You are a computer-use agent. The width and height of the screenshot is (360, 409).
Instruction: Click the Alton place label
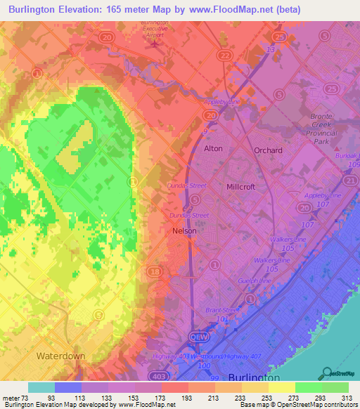click(x=213, y=149)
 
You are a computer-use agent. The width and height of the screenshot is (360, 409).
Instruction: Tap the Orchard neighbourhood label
click(x=268, y=150)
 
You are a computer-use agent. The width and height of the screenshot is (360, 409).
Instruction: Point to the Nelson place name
click(x=184, y=231)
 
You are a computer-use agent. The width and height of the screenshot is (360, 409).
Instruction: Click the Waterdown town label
click(x=61, y=356)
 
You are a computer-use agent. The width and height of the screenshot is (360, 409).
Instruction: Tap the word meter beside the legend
click(x=13, y=397)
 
